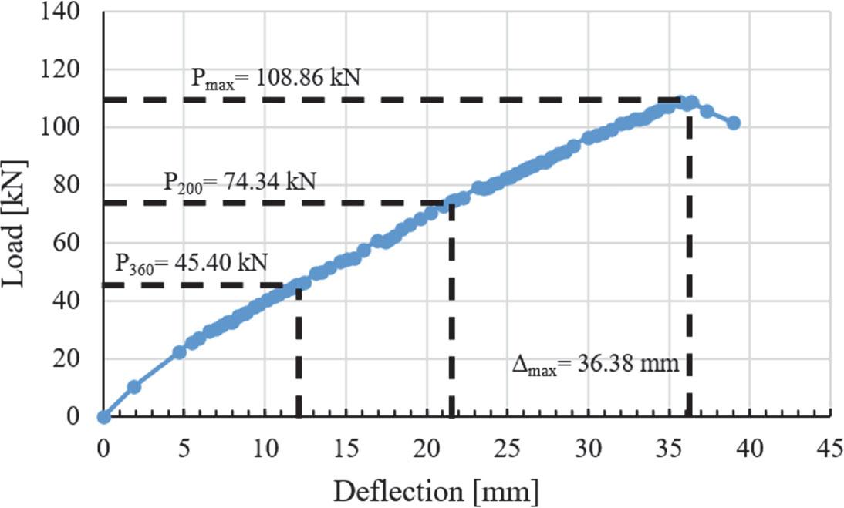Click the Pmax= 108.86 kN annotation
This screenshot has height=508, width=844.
click(276, 78)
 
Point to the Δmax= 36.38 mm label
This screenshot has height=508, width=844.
click(596, 364)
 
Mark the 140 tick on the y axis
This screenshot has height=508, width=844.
click(71, 12)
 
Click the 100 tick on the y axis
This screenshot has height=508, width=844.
click(71, 127)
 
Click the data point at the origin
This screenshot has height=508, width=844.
click(104, 417)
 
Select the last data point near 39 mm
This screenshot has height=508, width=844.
click(733, 123)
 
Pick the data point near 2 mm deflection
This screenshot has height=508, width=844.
click(133, 387)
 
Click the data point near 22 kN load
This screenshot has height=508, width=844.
click(179, 352)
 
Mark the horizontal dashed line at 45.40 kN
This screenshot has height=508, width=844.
click(201, 285)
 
